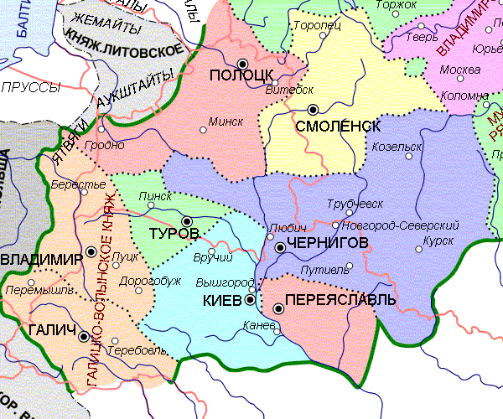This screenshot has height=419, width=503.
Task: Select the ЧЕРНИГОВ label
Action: coord(328,243)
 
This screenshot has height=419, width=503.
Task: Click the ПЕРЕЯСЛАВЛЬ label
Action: coord(340,300)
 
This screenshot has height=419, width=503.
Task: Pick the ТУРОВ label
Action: coord(173,231)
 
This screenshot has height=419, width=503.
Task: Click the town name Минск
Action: coord(226,122)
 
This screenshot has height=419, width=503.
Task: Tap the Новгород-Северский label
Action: coord(401,225)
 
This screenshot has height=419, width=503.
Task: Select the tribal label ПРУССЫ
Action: coord(31,87)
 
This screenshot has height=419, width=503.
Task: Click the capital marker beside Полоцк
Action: coord(243,64)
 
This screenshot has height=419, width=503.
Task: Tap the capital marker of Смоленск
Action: coord(314,109)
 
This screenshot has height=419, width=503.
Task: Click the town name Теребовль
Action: coord(139,349)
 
